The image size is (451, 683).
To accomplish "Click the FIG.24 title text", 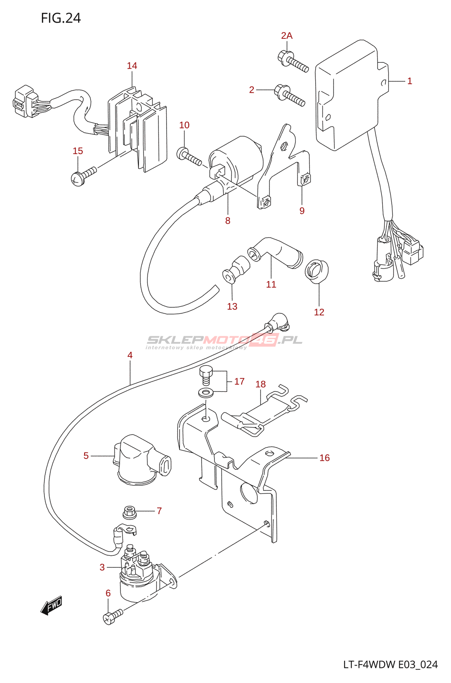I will pos(61,18).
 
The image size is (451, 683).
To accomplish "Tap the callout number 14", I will pos(132,66).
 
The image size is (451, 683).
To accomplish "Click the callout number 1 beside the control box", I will pos(410,81).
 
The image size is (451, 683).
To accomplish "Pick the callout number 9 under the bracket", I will pos(302,211).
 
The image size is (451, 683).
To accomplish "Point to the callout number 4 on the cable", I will pos(130,355).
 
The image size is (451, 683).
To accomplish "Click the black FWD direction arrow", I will pos(52,606).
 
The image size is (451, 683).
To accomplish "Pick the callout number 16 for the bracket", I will pos(325,458).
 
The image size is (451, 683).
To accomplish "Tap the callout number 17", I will pos(239,382).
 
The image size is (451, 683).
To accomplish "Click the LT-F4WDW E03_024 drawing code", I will pos(390,665).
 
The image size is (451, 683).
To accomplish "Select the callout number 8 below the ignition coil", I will pos(228,221).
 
